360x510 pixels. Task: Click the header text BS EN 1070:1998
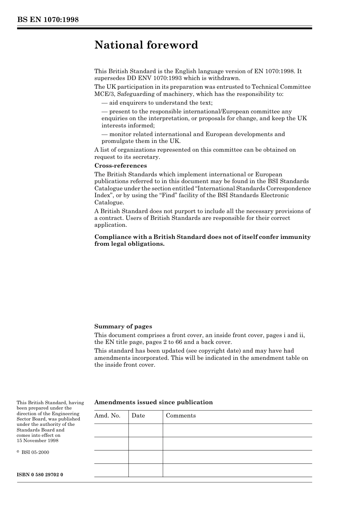[x=48, y=20]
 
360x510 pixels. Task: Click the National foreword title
[x=146, y=45]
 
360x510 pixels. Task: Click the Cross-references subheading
[x=121, y=166]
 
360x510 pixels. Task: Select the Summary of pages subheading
[x=123, y=326]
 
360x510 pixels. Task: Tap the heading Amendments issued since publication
[x=153, y=402]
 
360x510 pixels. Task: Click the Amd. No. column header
[x=107, y=416]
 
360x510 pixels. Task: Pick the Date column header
[x=138, y=416]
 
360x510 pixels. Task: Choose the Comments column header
[x=181, y=416]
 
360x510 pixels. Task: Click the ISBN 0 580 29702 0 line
[x=40, y=475]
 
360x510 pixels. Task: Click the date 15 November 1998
[x=38, y=441]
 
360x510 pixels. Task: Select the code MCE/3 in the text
[x=103, y=94]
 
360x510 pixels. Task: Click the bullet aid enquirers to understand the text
[x=157, y=103]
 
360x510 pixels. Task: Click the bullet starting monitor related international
[x=193, y=134]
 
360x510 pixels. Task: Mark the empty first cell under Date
[x=146, y=430]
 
